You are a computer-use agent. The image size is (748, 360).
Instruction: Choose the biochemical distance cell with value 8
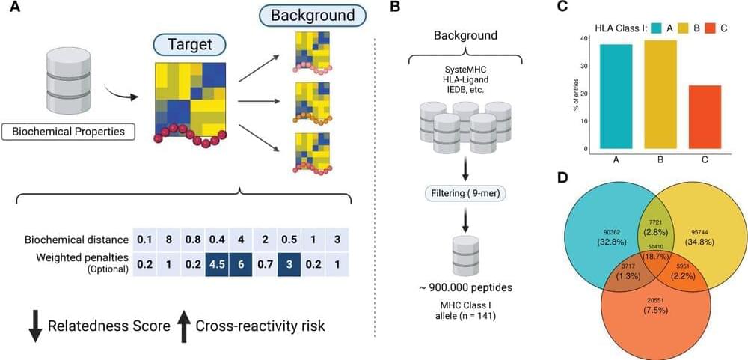coord(170,240)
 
